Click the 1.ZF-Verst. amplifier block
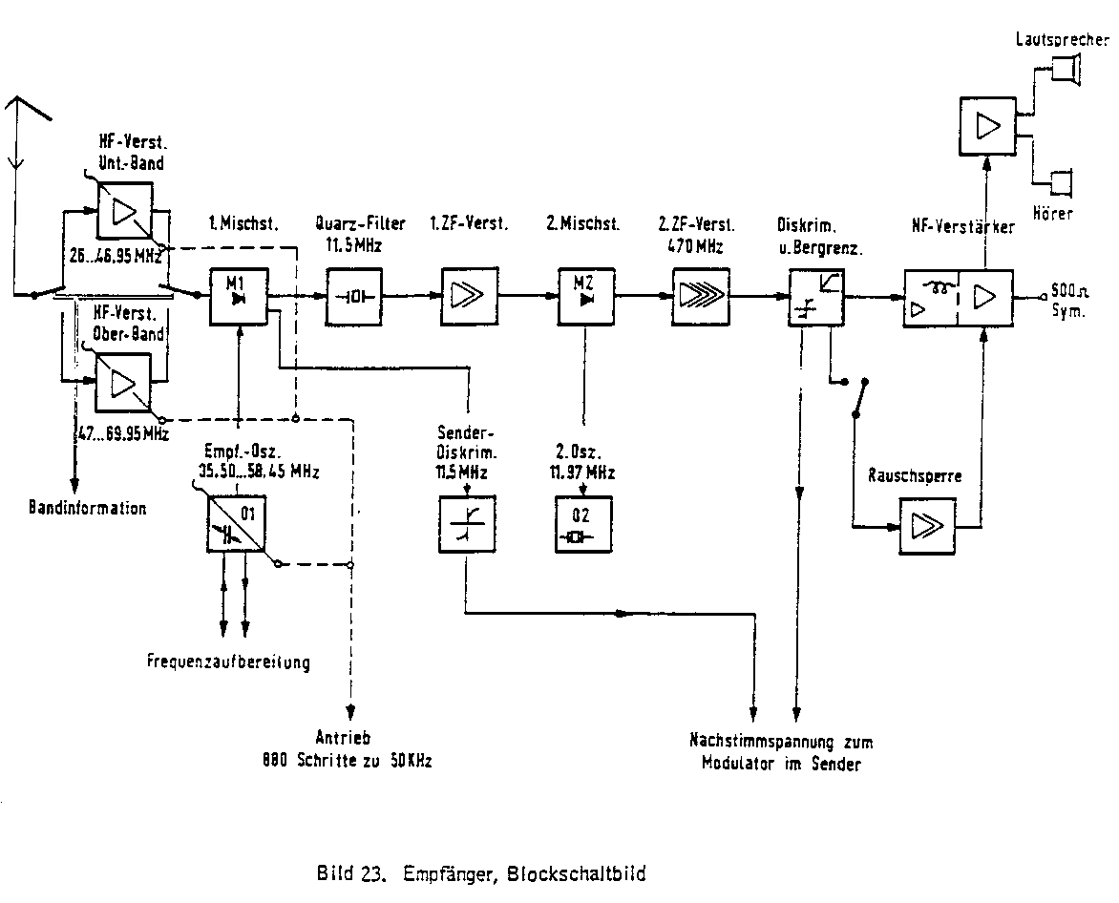468,295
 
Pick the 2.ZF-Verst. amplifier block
701,295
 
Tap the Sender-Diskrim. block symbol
467,525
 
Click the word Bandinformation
87,508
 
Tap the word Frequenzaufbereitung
228,661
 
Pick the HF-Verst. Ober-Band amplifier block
123,381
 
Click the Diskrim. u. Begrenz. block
815,295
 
